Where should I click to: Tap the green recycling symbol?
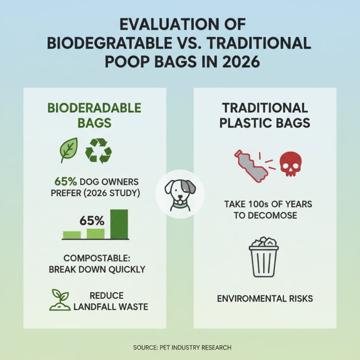click(98, 150)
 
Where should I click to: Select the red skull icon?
click(290, 164)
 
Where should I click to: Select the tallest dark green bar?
click(119, 224)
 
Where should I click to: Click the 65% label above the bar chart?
click(92, 221)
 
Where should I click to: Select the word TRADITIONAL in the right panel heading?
click(265, 108)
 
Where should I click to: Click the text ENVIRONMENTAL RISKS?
click(265, 298)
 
